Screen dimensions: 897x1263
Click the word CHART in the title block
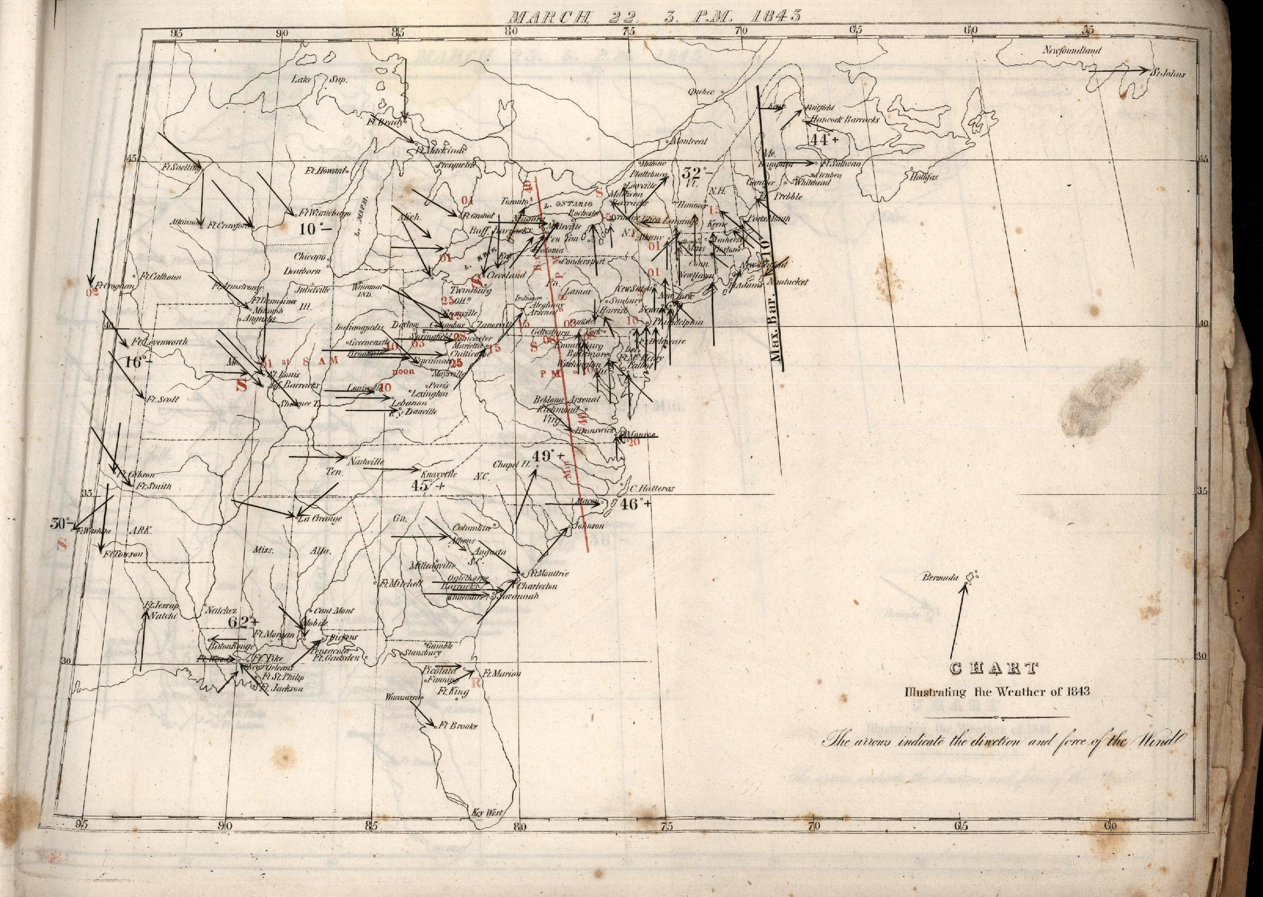coord(993,669)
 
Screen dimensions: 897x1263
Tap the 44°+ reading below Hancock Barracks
coord(825,140)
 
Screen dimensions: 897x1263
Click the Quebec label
coord(701,92)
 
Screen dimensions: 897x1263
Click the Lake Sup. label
coord(320,80)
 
